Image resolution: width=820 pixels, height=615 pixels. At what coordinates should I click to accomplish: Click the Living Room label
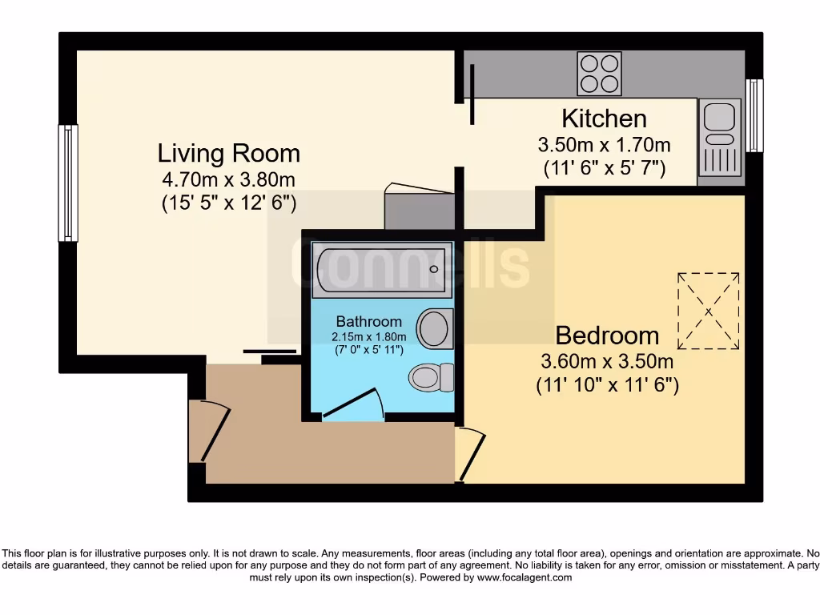228,152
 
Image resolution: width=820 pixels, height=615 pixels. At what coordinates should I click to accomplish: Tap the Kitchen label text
604,119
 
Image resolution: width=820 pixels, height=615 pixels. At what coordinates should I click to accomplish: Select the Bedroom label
607,335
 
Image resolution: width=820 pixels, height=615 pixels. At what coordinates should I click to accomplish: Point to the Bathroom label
369,321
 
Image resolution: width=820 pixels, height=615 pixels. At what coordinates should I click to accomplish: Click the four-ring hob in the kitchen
600,73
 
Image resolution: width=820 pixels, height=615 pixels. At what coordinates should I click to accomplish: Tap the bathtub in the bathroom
381,268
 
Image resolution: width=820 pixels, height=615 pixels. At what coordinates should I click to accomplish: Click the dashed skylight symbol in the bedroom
709,311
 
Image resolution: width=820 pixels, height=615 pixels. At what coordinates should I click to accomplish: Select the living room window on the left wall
68,183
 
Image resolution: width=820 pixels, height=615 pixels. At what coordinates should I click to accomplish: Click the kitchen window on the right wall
754,115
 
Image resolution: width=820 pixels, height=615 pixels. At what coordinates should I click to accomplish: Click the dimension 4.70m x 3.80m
228,179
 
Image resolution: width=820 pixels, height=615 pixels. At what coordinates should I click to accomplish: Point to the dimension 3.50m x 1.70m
604,146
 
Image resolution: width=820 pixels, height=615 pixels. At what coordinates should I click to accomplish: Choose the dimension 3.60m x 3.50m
607,362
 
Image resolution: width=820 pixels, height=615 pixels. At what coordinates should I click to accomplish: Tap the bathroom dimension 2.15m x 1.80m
369,336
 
